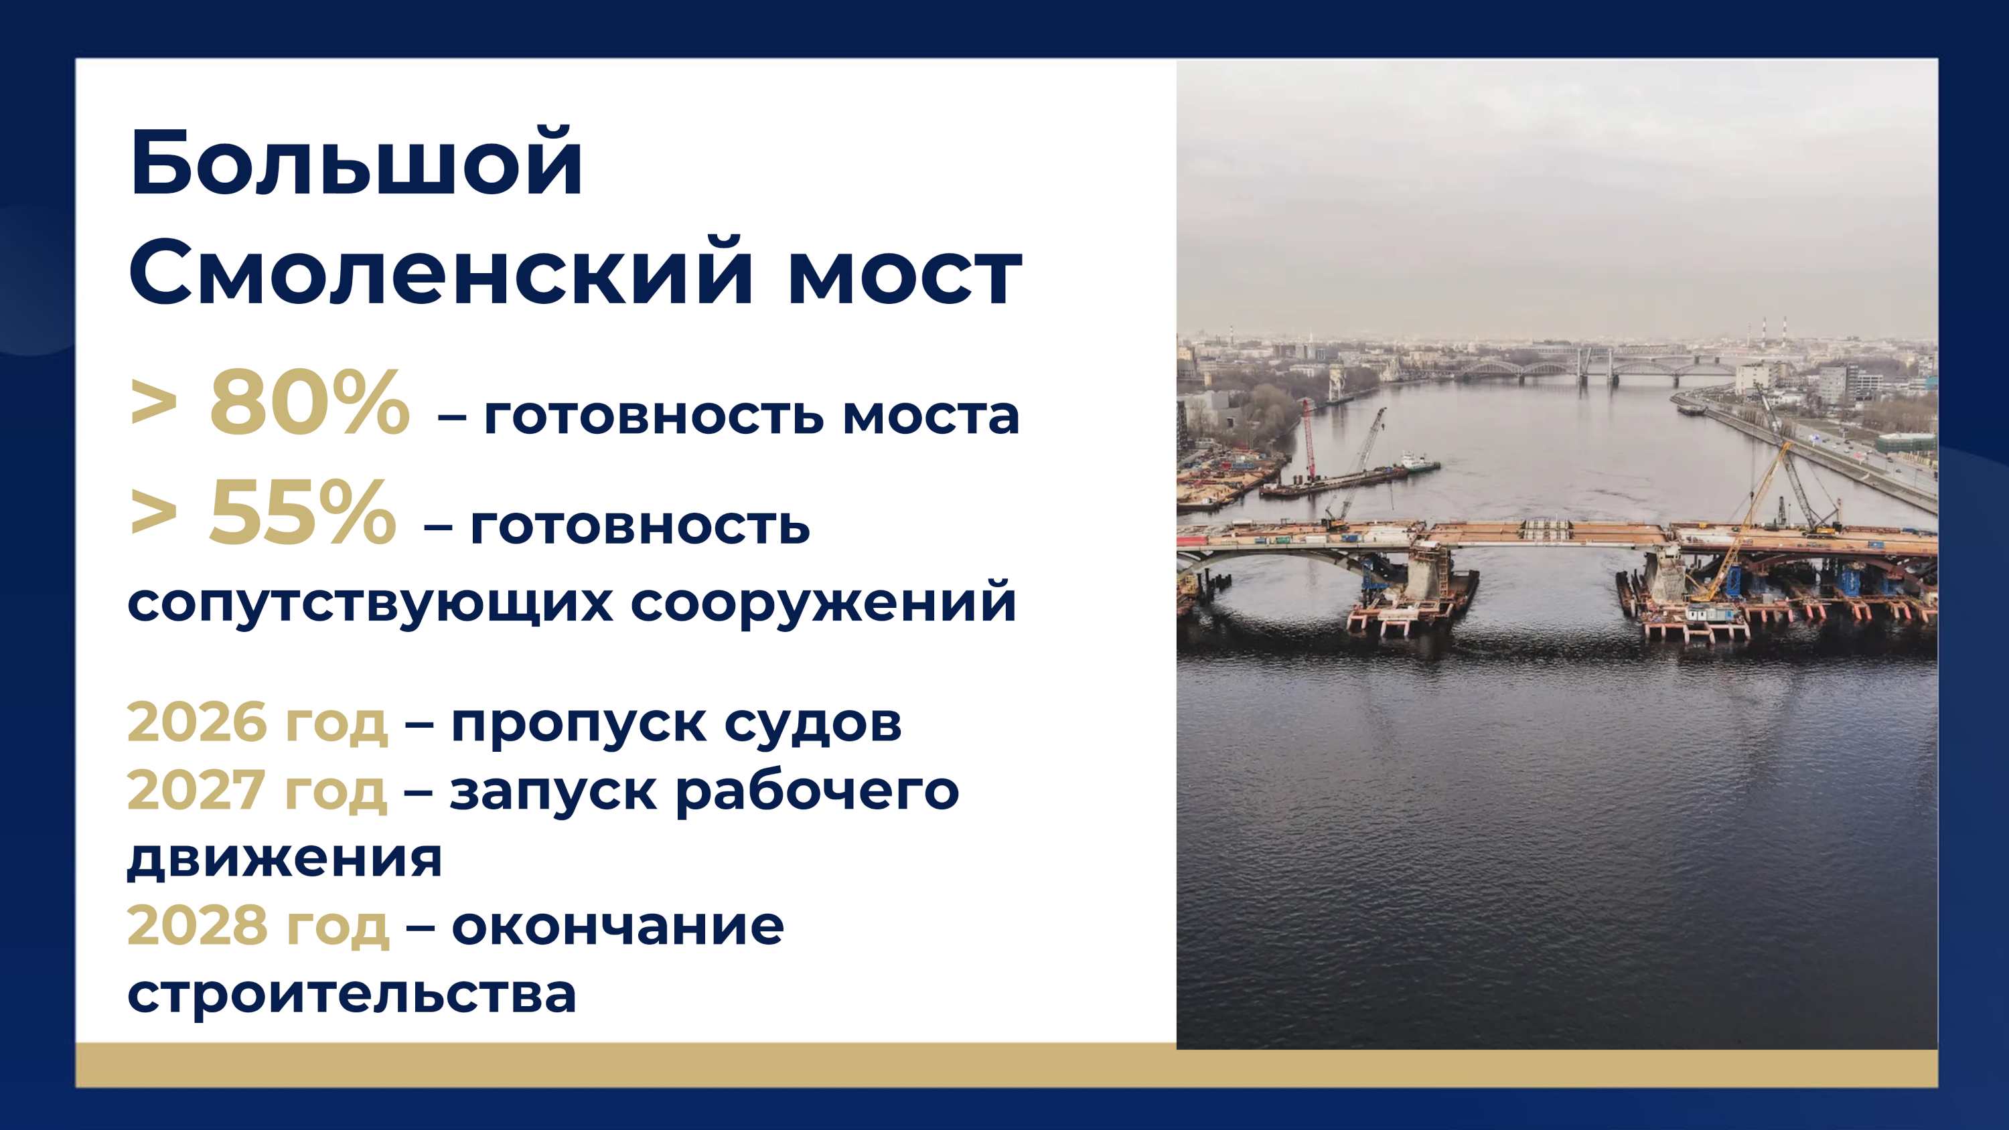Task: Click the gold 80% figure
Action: click(309, 402)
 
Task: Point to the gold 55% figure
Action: click(303, 511)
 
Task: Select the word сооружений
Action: click(824, 602)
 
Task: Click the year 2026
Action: click(196, 722)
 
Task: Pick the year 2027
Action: click(196, 790)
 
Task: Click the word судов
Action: click(813, 725)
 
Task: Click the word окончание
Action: click(617, 927)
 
